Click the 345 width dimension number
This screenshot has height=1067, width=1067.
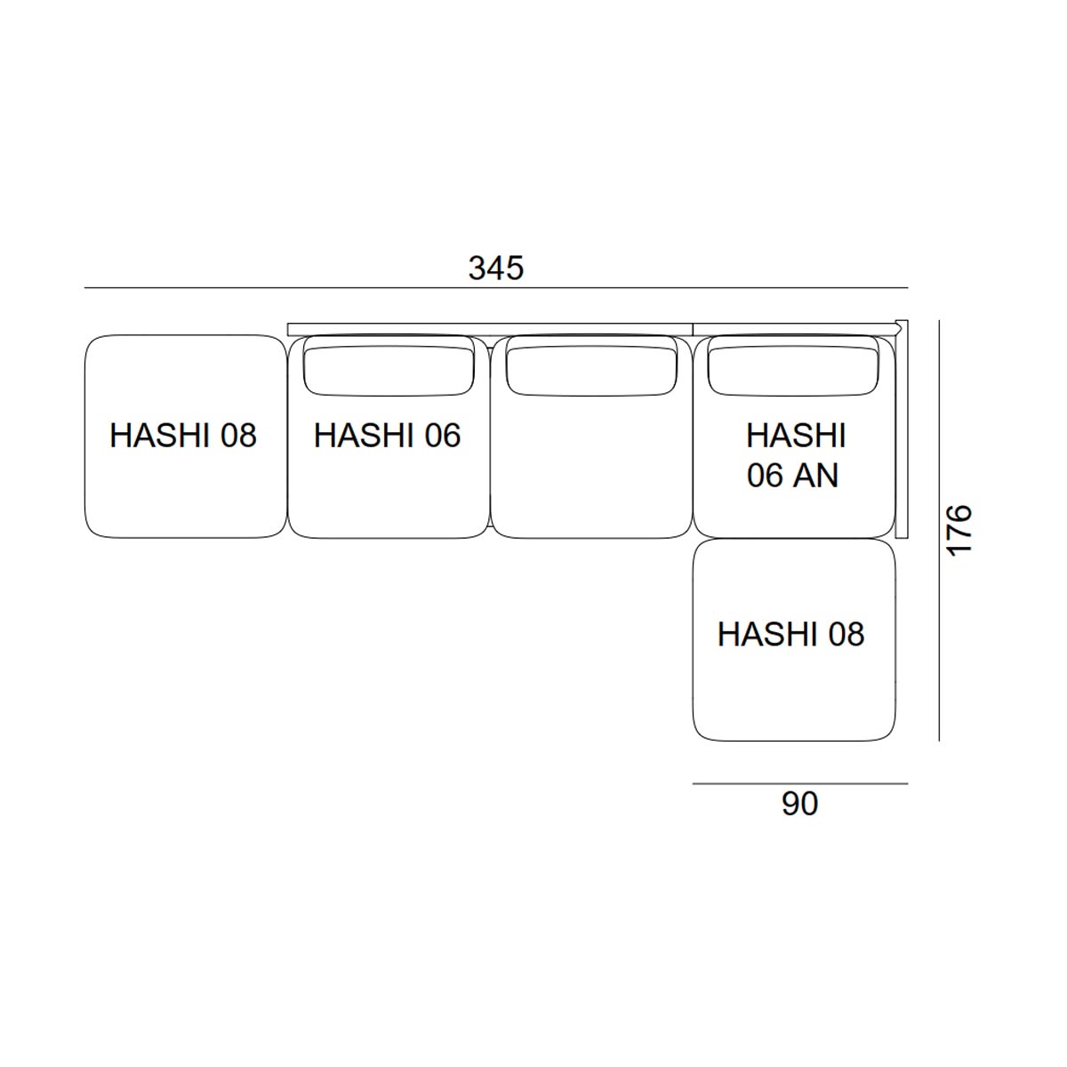495,269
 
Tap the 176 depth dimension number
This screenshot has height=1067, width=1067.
959,530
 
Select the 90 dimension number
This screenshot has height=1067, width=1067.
799,804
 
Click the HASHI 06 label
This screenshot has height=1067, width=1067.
387,435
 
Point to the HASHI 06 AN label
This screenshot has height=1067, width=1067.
796,455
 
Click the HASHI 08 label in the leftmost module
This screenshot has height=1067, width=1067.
183,435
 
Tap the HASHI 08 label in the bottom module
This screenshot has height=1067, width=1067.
790,634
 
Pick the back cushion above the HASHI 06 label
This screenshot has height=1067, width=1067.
389,371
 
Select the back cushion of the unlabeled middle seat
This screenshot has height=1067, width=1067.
591,371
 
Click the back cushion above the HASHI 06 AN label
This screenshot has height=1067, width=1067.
793,371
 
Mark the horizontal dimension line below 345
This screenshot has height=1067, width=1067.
496,288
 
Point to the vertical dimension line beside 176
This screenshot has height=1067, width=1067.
939,530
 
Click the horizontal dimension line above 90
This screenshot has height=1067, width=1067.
800,783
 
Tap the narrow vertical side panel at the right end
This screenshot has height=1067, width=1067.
902,429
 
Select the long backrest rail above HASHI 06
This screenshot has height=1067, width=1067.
490,330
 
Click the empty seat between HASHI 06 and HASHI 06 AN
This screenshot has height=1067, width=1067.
591,437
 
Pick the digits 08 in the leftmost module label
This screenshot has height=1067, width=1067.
238,435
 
